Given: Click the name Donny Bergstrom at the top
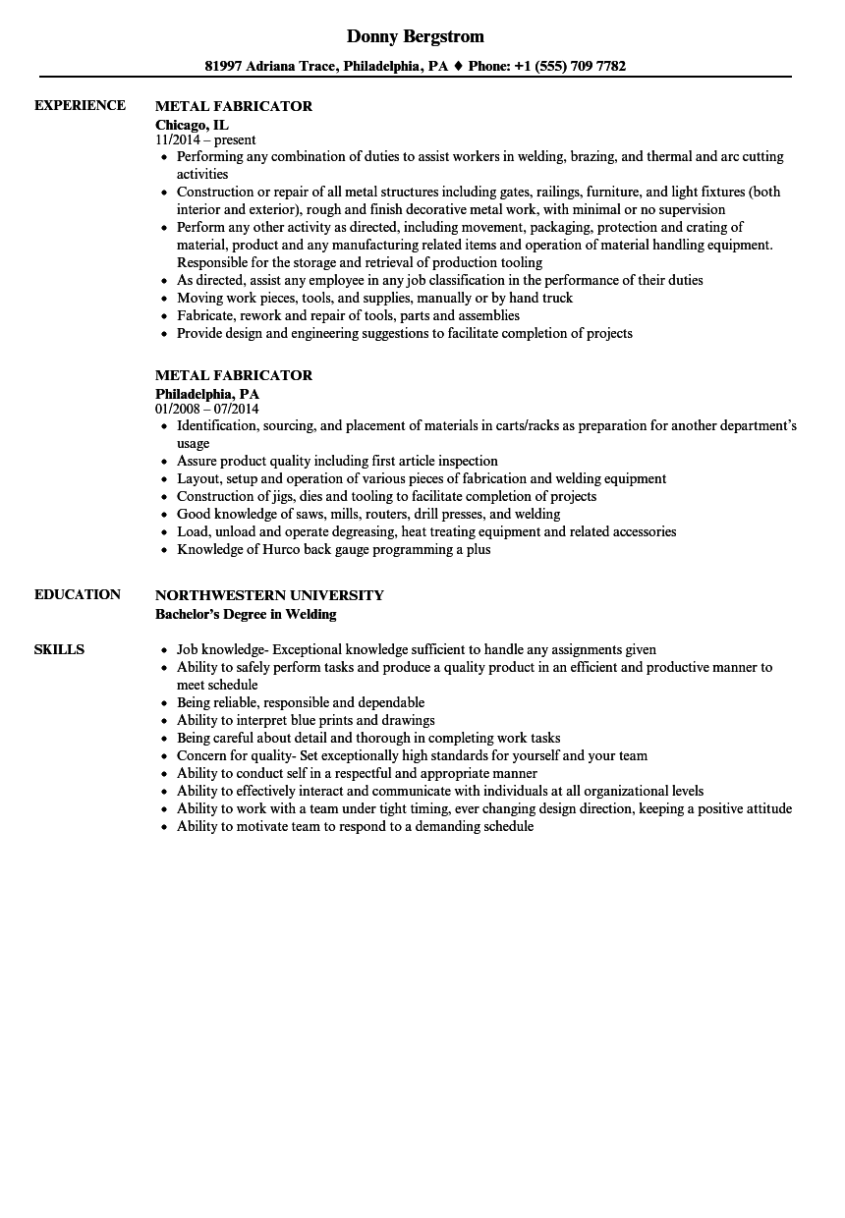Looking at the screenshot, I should click(x=415, y=36).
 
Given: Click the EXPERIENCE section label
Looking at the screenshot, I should click(x=80, y=105).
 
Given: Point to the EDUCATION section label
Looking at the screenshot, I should click(x=77, y=594).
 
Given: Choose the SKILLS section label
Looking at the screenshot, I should click(x=59, y=649).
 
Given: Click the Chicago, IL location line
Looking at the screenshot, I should click(x=192, y=125).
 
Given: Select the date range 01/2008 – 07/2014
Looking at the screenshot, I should click(x=207, y=409).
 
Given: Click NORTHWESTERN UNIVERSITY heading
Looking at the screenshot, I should click(x=269, y=595).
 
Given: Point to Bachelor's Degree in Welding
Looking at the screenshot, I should click(x=246, y=614).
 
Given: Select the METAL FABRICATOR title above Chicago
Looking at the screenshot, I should click(x=234, y=106).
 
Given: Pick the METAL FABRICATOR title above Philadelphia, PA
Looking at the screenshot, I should click(x=234, y=375).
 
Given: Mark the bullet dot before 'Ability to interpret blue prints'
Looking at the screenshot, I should click(x=163, y=721).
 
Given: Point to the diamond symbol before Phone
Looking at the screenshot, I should click(x=458, y=67).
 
